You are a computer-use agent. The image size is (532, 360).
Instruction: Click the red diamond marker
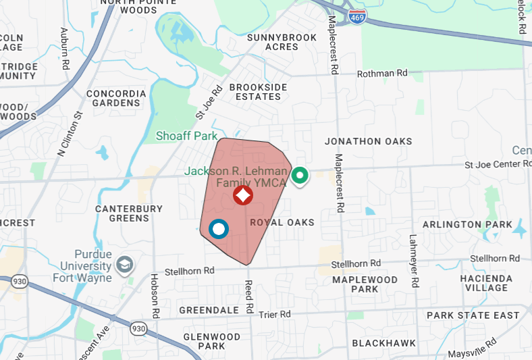tap(243, 196)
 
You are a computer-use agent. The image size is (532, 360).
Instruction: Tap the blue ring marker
tap(219, 230)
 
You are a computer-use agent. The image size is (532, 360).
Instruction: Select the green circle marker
tap(300, 177)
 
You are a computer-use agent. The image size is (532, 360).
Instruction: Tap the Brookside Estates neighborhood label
tap(258, 92)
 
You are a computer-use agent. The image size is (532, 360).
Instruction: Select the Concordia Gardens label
tap(116, 98)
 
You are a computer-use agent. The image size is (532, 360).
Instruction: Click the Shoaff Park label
tap(186, 136)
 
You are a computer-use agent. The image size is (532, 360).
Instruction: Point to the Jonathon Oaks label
tap(368, 141)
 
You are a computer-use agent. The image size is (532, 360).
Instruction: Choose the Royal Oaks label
tap(282, 222)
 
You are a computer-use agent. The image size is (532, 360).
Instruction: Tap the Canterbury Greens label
tap(129, 213)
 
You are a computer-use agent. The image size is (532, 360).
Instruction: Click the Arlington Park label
tap(467, 224)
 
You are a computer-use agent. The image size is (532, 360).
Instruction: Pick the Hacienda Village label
tap(484, 283)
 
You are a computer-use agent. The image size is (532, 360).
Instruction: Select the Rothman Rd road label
tap(383, 73)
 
